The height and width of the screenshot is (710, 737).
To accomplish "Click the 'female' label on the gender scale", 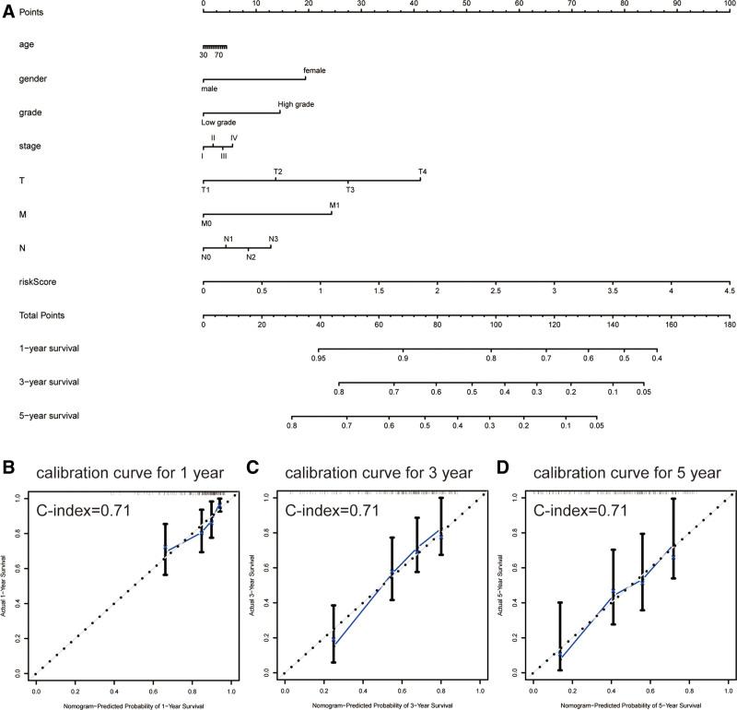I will [x=314, y=70].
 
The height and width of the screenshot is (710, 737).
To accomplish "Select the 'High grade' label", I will [x=296, y=104].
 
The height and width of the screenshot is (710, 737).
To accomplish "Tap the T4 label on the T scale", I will [x=422, y=172].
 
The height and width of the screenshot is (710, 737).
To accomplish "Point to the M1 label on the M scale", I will [x=334, y=205].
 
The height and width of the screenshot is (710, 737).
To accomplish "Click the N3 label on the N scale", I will [x=273, y=239].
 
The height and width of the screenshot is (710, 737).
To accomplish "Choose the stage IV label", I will [x=234, y=137].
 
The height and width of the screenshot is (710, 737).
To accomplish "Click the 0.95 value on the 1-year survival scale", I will [x=319, y=358].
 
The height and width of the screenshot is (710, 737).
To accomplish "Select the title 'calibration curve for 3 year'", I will [x=378, y=474].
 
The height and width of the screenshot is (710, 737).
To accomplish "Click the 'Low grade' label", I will [x=219, y=122].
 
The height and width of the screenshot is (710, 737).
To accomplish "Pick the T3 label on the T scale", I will [x=350, y=189].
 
